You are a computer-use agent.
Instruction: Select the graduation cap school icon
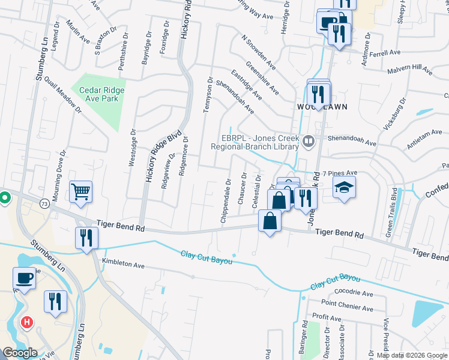click(345, 187)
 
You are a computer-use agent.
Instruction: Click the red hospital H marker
click(26, 323)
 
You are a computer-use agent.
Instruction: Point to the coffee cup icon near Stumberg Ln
click(25, 278)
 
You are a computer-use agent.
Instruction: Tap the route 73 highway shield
click(44, 204)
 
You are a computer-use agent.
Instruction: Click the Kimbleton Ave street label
click(124, 263)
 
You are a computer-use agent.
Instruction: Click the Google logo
click(20, 353)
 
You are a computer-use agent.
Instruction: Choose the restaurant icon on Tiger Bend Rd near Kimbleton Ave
click(86, 238)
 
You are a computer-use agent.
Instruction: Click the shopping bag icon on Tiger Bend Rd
click(270, 221)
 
